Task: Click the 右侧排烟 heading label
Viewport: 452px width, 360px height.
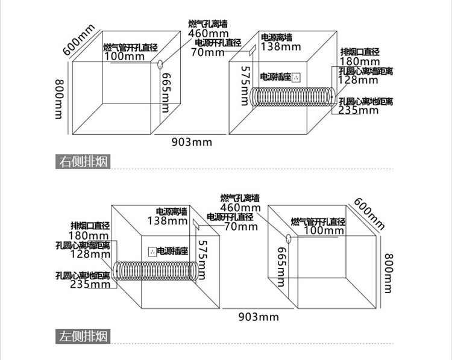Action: (x=83, y=161)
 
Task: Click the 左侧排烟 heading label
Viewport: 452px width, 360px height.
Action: (x=83, y=336)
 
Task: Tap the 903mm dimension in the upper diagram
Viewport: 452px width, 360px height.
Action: (x=192, y=142)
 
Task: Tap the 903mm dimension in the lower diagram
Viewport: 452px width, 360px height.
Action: (x=259, y=317)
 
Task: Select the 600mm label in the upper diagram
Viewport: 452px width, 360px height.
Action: (x=78, y=40)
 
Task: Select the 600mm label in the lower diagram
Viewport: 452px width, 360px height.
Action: (x=369, y=213)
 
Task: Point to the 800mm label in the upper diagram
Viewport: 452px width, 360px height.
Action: (x=58, y=99)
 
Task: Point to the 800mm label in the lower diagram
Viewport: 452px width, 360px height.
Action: (x=389, y=273)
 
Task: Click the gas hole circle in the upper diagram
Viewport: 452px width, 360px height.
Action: (x=160, y=64)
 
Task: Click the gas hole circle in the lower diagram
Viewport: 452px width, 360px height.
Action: (x=289, y=238)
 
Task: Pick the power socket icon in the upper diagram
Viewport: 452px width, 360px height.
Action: (x=297, y=77)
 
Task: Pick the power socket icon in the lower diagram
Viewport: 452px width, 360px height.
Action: (x=152, y=252)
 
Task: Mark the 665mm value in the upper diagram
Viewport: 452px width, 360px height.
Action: (x=166, y=93)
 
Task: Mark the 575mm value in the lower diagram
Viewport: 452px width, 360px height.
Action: (x=203, y=260)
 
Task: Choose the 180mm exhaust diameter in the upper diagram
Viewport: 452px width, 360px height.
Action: (x=360, y=61)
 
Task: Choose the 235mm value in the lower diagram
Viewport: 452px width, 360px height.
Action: (x=90, y=284)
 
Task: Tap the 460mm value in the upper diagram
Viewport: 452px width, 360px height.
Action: (x=208, y=33)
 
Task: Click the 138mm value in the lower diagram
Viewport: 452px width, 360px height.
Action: (x=168, y=220)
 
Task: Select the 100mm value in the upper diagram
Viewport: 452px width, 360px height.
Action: (x=124, y=56)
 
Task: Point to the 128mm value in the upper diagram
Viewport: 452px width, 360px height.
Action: (x=359, y=80)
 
